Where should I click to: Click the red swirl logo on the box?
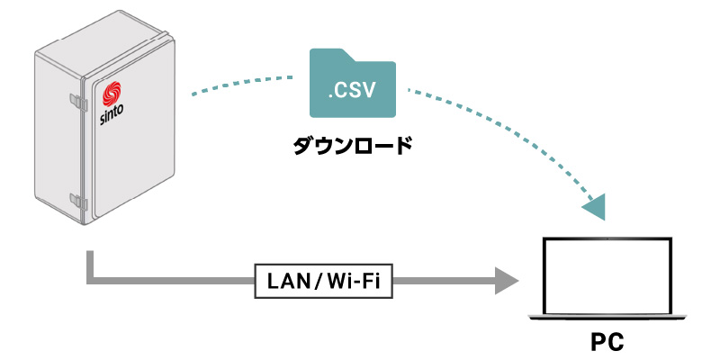[112, 94]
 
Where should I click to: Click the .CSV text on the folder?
[351, 91]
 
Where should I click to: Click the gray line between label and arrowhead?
[441, 282]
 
